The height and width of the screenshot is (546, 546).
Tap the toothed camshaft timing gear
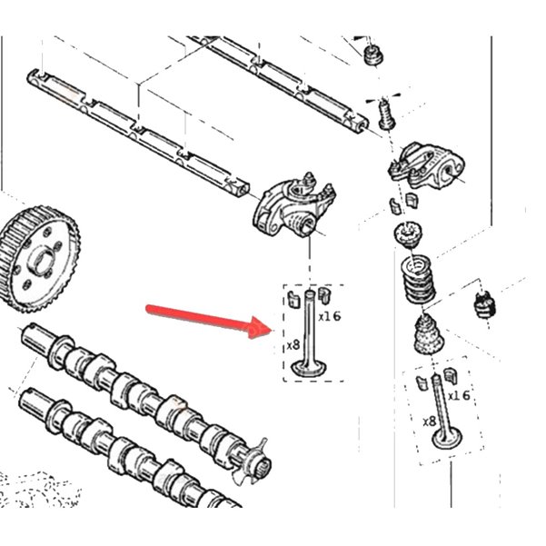coord(39,260)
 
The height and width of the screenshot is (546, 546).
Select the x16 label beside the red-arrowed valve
coord(330,316)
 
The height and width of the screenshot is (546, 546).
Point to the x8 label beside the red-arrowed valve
coord(293,345)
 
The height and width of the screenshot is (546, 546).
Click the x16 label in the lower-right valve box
coord(459,395)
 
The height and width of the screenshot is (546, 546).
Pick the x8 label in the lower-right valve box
coord(430,422)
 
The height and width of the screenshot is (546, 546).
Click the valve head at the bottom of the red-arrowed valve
coord(310,369)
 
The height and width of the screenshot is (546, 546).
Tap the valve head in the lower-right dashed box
coord(447,439)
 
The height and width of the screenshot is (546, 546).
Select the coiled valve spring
coord(418,279)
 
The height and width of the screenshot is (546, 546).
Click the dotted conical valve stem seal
coord(428,334)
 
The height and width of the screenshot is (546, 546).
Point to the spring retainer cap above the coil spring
coord(408,233)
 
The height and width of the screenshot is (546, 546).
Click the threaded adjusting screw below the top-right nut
coord(386,114)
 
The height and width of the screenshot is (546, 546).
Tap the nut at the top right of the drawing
coord(374,55)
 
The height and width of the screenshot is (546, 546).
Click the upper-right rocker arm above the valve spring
coord(427,165)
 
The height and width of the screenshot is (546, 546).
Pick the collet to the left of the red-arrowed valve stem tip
coord(293,299)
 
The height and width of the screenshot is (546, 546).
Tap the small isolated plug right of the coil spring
coord(485,305)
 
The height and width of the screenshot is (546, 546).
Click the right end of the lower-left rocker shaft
coord(243,188)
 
